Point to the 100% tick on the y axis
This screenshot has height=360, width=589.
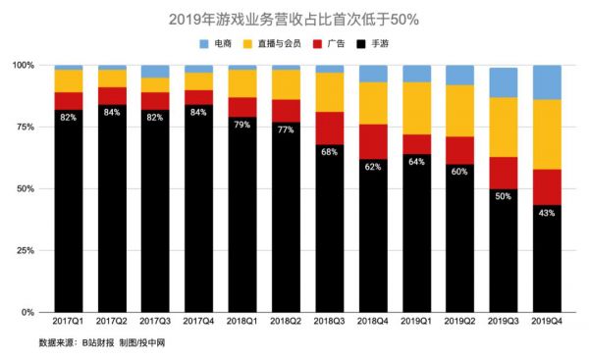click(x=23, y=65)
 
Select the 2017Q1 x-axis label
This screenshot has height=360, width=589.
click(x=68, y=322)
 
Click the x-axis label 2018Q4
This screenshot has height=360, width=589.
click(x=373, y=322)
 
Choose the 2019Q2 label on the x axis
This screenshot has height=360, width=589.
click(x=460, y=322)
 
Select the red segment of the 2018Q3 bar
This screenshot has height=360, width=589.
click(x=330, y=128)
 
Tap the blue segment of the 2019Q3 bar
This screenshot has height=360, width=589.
click(x=504, y=82)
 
